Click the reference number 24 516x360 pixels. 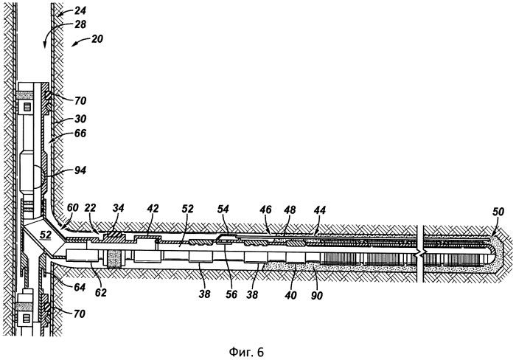tap(80, 11)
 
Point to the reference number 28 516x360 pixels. tap(80, 24)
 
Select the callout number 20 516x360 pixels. tap(97, 39)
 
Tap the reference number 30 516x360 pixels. tap(80, 119)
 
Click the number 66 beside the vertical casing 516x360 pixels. tap(80, 133)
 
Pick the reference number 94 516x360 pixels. tap(80, 170)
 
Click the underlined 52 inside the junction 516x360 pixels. tap(46, 235)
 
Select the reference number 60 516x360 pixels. tap(73, 207)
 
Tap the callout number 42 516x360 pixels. tap(153, 209)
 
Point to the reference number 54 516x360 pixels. tap(223, 209)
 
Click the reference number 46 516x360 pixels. tap(265, 210)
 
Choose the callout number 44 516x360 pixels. tap(319, 210)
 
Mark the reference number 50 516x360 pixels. tap(498, 212)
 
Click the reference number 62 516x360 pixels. tap(101, 292)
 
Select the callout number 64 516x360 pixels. tap(80, 287)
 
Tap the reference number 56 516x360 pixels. tap(231, 294)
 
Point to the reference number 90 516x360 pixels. tap(317, 295)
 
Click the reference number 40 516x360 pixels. tap(290, 295)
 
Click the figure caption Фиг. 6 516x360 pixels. tap(246, 352)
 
